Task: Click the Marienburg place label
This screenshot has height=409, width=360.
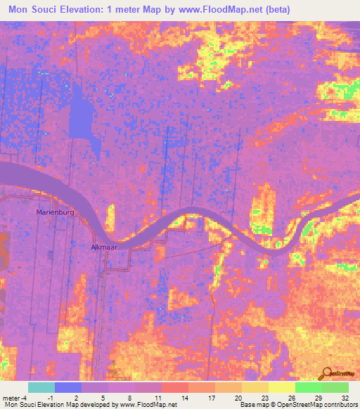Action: click(x=55, y=212)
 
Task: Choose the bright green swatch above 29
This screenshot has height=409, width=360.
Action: click(x=308, y=387)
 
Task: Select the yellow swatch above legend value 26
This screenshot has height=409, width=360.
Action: click(x=281, y=387)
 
